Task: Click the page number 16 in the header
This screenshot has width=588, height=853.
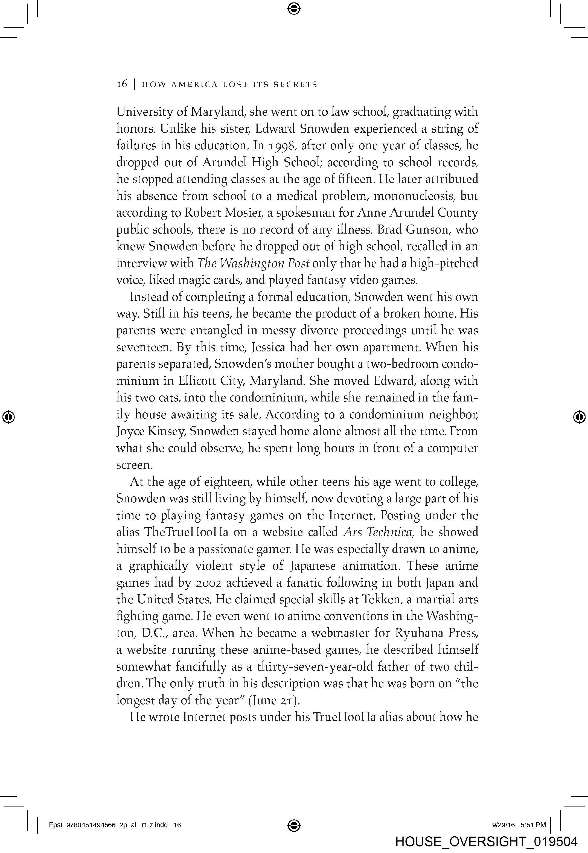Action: coord(122,84)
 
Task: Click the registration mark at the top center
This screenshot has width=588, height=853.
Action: coord(294,8)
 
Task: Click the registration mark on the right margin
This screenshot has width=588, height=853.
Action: coord(580,417)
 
